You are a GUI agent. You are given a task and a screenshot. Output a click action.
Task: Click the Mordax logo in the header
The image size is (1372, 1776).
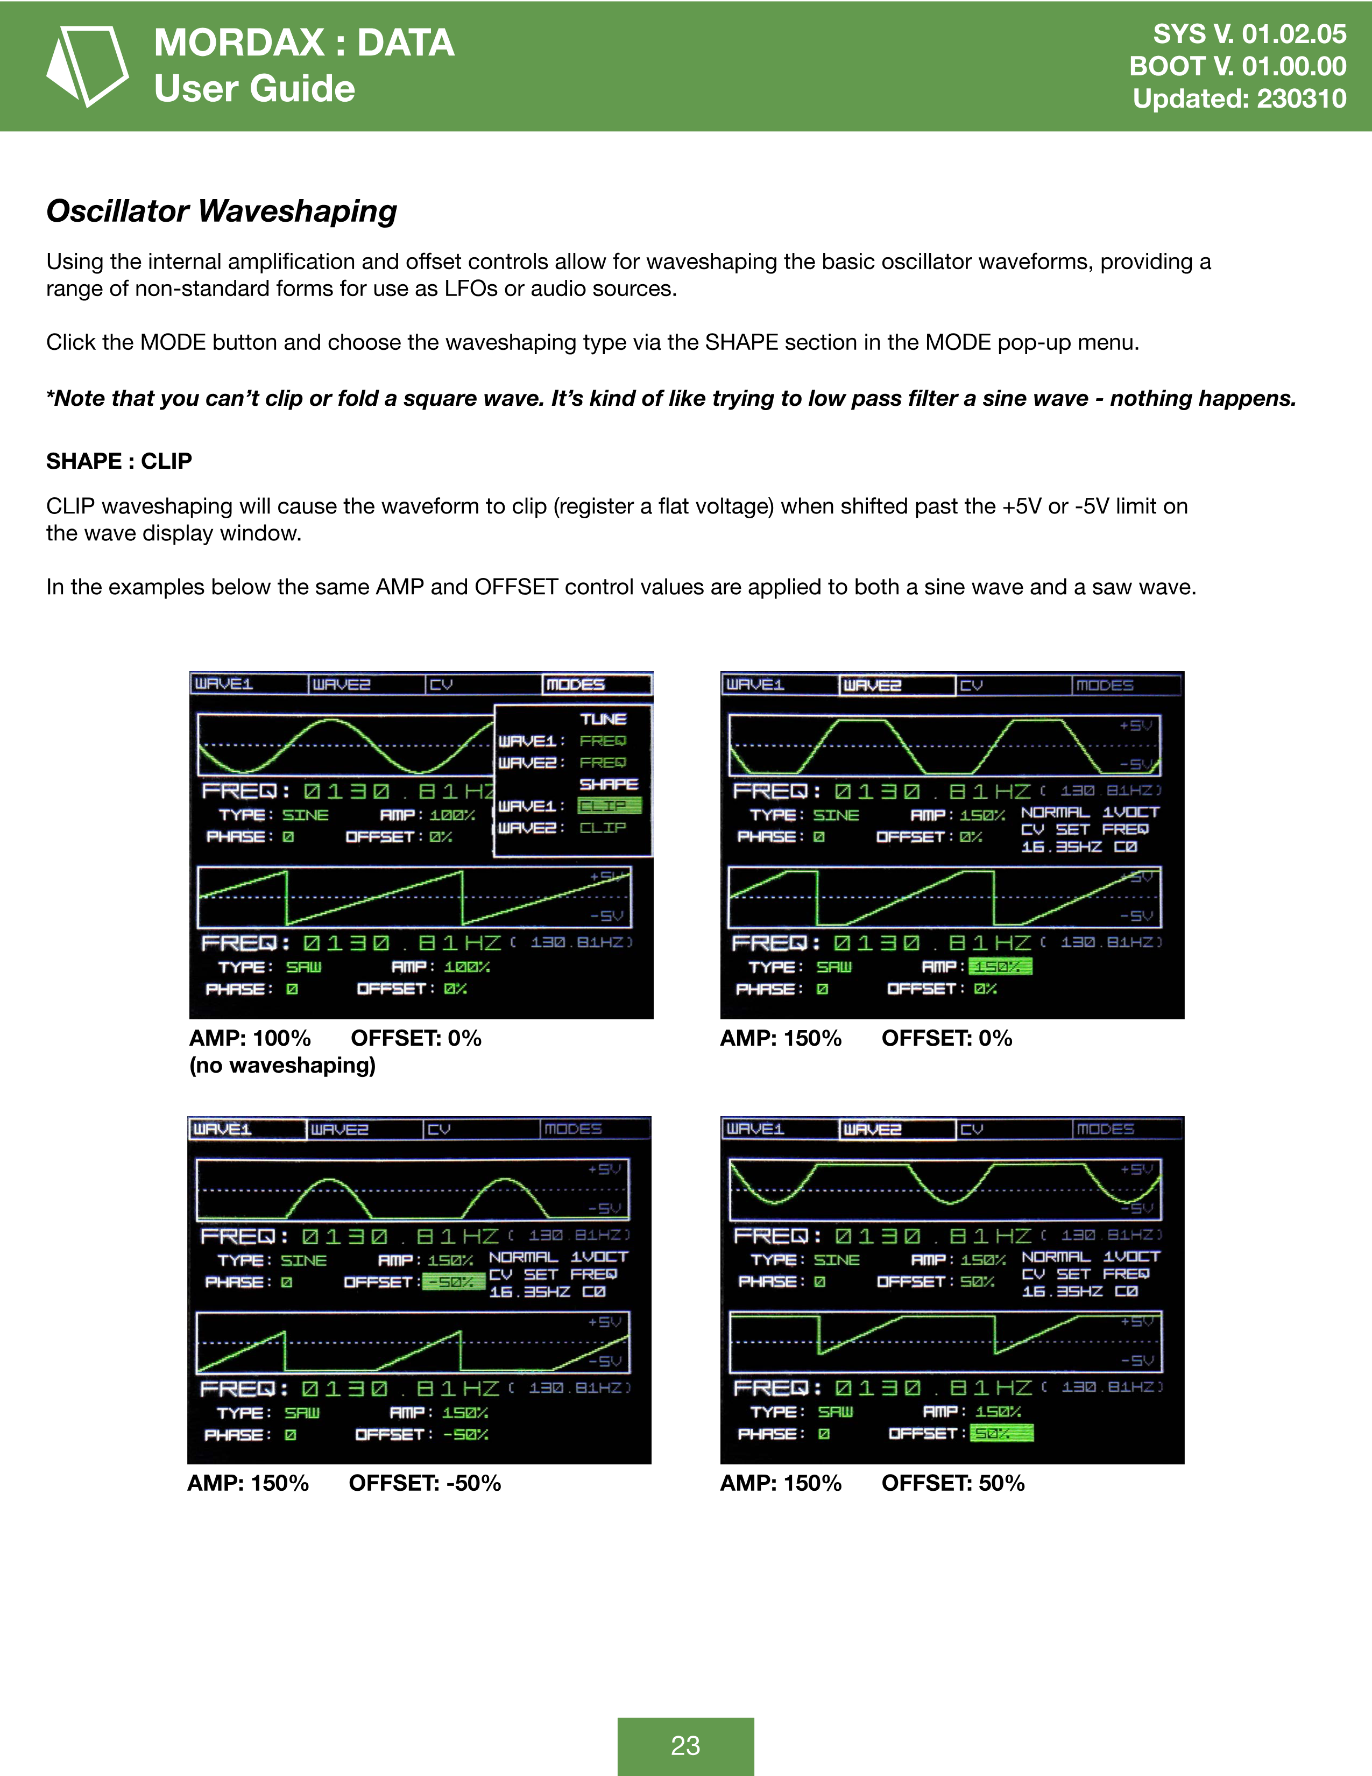[x=87, y=66]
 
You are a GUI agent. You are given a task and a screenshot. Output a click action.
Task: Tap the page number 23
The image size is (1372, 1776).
[x=685, y=1745]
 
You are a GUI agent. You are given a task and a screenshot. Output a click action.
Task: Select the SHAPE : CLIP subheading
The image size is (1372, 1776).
[x=119, y=461]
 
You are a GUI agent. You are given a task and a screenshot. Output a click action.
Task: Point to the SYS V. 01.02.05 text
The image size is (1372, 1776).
[x=1249, y=34]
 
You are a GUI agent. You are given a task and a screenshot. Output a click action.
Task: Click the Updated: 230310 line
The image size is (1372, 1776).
[x=1240, y=98]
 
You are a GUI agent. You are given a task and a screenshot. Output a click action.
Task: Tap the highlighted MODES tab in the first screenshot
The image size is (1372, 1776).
[x=597, y=685]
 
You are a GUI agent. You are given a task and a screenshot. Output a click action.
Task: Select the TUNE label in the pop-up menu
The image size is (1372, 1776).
[x=603, y=719]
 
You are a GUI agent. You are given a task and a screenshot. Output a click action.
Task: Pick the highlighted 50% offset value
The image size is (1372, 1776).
[x=1001, y=1434]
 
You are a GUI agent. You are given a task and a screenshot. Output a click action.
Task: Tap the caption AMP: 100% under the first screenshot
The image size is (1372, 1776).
[x=250, y=1039]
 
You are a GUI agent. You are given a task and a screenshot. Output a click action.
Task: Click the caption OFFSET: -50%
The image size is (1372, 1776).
[x=425, y=1483]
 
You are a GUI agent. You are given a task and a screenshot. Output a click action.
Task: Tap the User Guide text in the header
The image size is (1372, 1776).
[x=254, y=88]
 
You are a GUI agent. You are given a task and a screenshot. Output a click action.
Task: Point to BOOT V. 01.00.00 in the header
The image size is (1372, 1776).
[x=1238, y=66]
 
